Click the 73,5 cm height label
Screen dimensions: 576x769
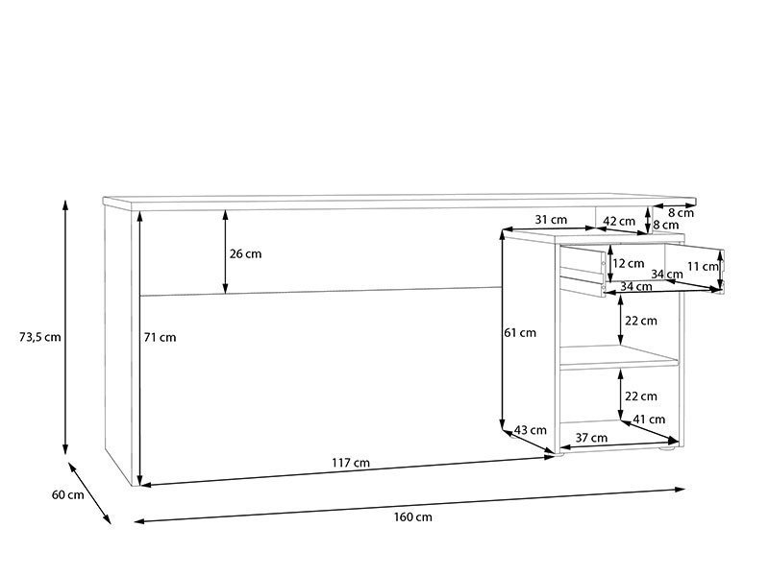pyautogui.click(x=39, y=337)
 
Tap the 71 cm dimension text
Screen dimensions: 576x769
pyautogui.click(x=161, y=337)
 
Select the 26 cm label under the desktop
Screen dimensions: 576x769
pyautogui.click(x=245, y=254)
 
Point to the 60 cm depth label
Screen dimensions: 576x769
pyautogui.click(x=67, y=494)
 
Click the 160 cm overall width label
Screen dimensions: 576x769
pyautogui.click(x=412, y=517)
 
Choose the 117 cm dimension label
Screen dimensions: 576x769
pyautogui.click(x=352, y=463)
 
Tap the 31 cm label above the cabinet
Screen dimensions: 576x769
pyautogui.click(x=551, y=220)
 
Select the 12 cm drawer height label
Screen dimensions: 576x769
pyautogui.click(x=629, y=263)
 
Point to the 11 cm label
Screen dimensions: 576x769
pyautogui.click(x=703, y=266)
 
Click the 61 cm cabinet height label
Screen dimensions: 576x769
pyautogui.click(x=520, y=333)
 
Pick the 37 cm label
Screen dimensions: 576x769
pyautogui.click(x=591, y=438)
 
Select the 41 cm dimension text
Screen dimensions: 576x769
pyautogui.click(x=649, y=420)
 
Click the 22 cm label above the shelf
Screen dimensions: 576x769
pyautogui.click(x=640, y=321)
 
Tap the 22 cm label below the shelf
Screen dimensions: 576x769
pyautogui.click(x=640, y=396)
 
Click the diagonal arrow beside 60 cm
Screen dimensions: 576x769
pyautogui.click(x=89, y=492)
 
